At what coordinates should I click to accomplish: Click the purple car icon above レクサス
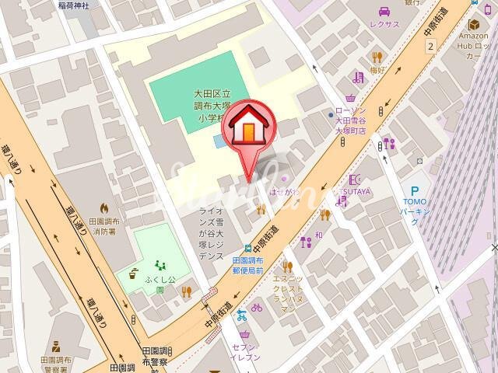point(384,11)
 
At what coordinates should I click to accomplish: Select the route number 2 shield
point(430,47)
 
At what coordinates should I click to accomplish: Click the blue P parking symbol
point(415,191)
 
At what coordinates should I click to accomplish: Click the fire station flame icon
point(104,208)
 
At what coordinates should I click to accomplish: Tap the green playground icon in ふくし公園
point(160,265)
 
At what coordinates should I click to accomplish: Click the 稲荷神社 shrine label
point(74,5)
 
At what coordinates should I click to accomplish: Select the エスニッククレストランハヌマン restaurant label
point(288,294)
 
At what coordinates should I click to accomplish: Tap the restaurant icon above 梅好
point(377,57)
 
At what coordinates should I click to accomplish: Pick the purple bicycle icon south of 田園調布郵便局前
point(257,307)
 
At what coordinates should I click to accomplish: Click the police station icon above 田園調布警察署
point(55,347)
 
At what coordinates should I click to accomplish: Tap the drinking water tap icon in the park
point(134,274)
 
